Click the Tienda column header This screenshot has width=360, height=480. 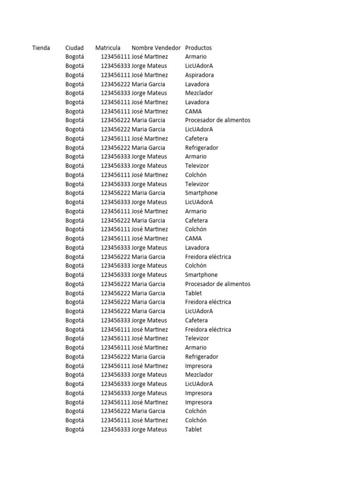pos(41,48)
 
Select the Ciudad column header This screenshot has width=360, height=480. pos(75,48)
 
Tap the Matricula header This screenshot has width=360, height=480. pos(108,48)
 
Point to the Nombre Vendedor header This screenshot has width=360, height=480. pos(156,48)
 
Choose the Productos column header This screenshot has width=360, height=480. pos(198,48)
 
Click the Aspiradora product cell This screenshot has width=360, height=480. pos(199,75)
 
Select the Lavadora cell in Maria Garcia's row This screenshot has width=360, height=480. pos(197,84)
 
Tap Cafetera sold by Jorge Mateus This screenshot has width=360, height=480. pos(196,321)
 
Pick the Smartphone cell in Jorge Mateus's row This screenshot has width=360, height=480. pos(201,275)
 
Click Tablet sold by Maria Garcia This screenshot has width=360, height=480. pos(194,293)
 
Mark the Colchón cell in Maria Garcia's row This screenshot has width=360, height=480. pos(195,412)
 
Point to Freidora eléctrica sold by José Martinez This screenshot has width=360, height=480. pos(208,330)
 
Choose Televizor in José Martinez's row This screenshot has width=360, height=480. pos(197,338)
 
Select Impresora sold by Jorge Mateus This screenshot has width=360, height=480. pos(198,393)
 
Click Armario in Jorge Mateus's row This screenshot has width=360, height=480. pos(195,157)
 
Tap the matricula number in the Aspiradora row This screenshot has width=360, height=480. pos(115,75)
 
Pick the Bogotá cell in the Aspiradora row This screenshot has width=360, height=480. pos(75,75)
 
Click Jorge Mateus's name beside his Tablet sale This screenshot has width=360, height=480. pos(149,430)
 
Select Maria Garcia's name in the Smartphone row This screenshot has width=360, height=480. pos(148,193)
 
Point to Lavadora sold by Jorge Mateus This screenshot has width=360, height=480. pos(197,248)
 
